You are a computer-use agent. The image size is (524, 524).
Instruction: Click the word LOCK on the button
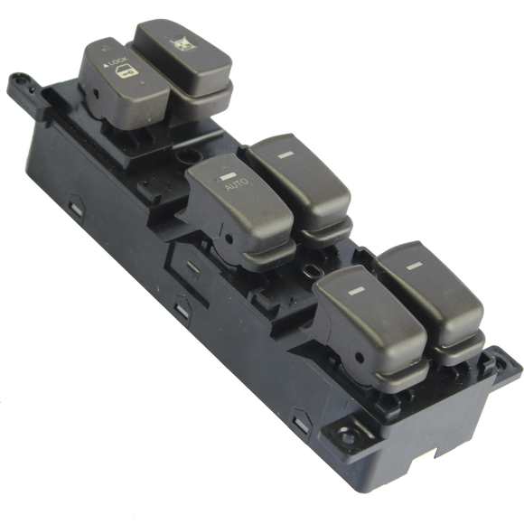pos(118,61)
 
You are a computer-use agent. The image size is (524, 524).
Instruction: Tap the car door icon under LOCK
pos(126,72)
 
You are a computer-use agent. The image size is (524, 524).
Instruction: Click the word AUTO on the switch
pos(237,183)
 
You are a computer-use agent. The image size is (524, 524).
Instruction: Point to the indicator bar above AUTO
pos(228,175)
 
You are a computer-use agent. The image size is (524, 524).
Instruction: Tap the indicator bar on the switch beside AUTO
pos(285,154)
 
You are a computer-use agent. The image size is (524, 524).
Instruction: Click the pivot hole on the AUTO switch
pos(229,239)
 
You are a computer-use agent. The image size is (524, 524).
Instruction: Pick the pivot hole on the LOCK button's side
pos(96,94)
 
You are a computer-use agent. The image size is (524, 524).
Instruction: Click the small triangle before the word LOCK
pos(106,65)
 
